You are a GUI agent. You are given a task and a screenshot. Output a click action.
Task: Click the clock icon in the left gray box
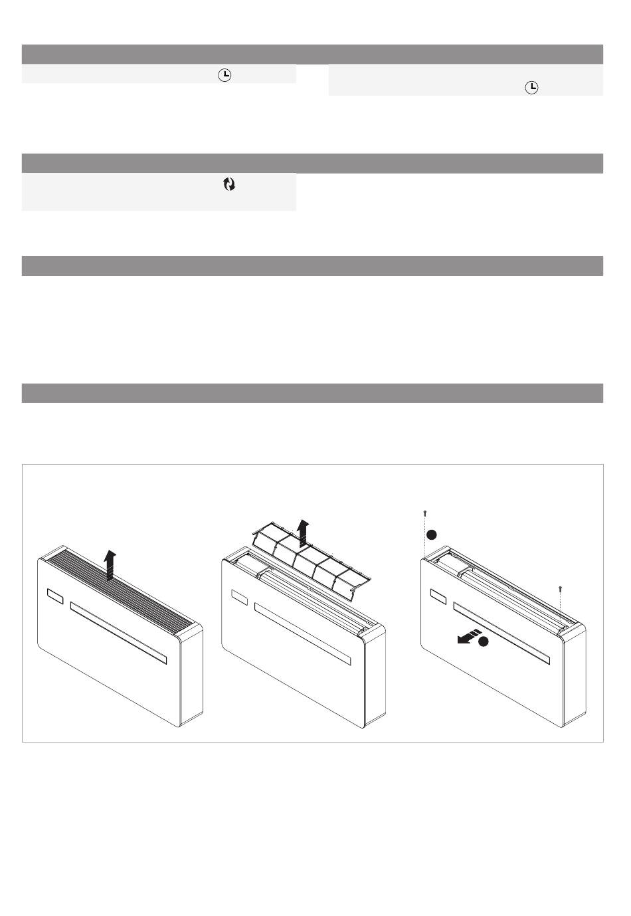click(x=225, y=76)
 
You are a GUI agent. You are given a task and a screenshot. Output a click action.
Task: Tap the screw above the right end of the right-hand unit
click(x=561, y=588)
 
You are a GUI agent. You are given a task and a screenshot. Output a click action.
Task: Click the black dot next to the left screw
click(x=431, y=534)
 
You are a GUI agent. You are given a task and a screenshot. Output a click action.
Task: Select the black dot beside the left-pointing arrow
click(x=484, y=641)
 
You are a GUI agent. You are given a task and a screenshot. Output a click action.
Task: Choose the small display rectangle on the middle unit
click(x=239, y=598)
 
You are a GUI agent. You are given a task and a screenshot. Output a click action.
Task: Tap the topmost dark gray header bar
click(x=312, y=54)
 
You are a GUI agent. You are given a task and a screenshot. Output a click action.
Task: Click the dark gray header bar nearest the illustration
click(x=312, y=393)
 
